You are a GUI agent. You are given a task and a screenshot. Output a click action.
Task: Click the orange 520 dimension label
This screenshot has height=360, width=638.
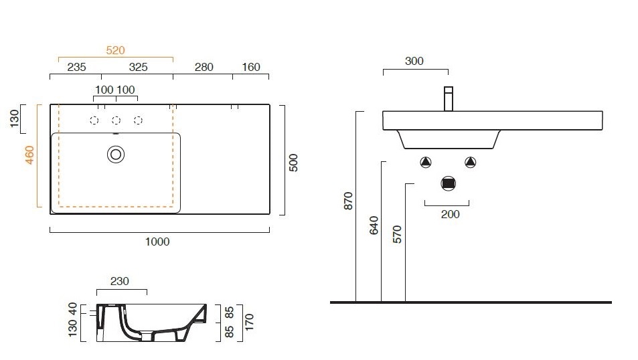tap(115, 50)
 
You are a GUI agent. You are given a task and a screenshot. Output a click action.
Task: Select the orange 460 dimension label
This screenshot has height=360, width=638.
tap(29, 155)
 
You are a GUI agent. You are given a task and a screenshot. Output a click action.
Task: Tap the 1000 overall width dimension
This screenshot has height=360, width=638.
tap(157, 242)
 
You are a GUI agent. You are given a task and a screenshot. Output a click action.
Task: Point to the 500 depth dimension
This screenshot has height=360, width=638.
tap(293, 163)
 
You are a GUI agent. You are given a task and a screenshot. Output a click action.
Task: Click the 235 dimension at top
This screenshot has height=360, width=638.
tap(76, 67)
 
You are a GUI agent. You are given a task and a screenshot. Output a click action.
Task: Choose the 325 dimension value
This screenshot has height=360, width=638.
tap(138, 67)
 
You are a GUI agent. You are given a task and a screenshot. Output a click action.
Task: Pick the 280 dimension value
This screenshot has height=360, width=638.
tap(204, 67)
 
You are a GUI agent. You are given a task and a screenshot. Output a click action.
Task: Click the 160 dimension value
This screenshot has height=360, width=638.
tap(250, 67)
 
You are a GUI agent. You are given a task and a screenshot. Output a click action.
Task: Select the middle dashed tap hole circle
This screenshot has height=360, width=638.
tap(116, 120)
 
